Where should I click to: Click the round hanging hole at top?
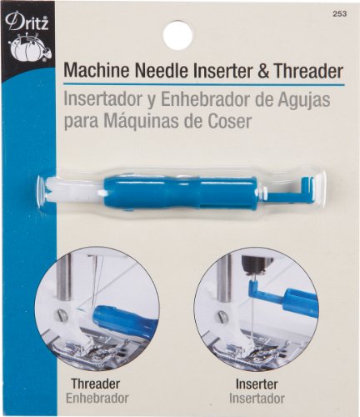pyautogui.click(x=177, y=35)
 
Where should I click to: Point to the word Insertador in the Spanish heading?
pyautogui.click(x=102, y=100)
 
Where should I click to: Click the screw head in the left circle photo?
pyautogui.click(x=62, y=315)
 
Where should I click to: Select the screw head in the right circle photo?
pyautogui.click(x=220, y=316)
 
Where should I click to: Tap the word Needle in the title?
pyautogui.click(x=162, y=72)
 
